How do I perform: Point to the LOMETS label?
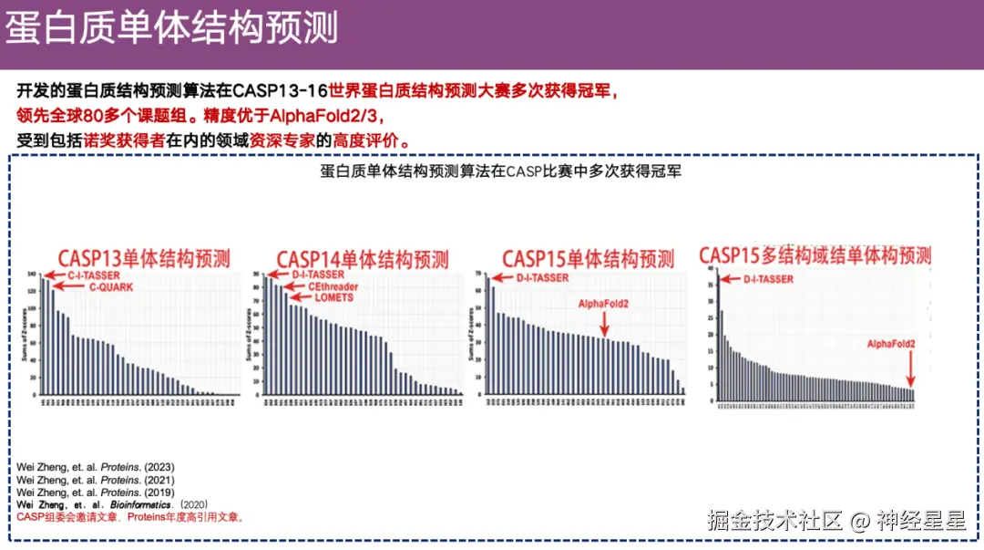point(333,298)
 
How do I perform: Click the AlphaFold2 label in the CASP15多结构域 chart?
point(890,343)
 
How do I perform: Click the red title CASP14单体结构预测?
point(363,259)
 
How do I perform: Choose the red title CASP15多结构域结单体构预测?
point(815,255)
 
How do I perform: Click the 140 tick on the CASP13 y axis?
point(33,275)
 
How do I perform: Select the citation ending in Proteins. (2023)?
point(96,467)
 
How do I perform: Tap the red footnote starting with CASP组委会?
point(130,517)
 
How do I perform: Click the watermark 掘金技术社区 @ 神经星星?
point(836,521)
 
